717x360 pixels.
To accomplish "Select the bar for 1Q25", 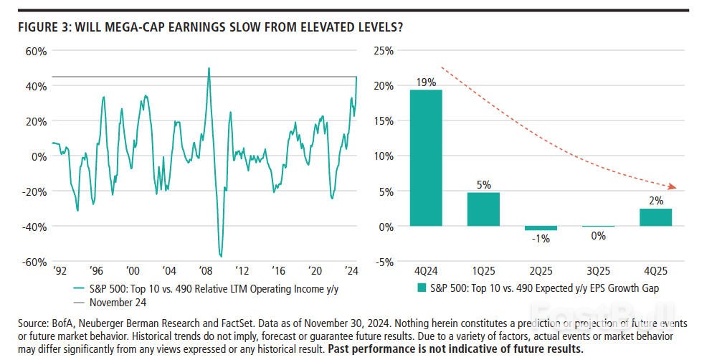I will point(483,209).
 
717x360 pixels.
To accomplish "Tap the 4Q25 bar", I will point(655,217).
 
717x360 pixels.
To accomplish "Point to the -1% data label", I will point(541,239).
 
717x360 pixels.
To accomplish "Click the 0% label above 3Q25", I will point(598,235).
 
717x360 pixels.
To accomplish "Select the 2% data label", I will point(655,200).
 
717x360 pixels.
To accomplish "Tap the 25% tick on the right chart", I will point(384,51).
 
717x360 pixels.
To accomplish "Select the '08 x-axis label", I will point(206,272).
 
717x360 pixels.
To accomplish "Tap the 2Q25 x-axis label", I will point(541,272).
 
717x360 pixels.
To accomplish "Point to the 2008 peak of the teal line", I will point(209,69).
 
